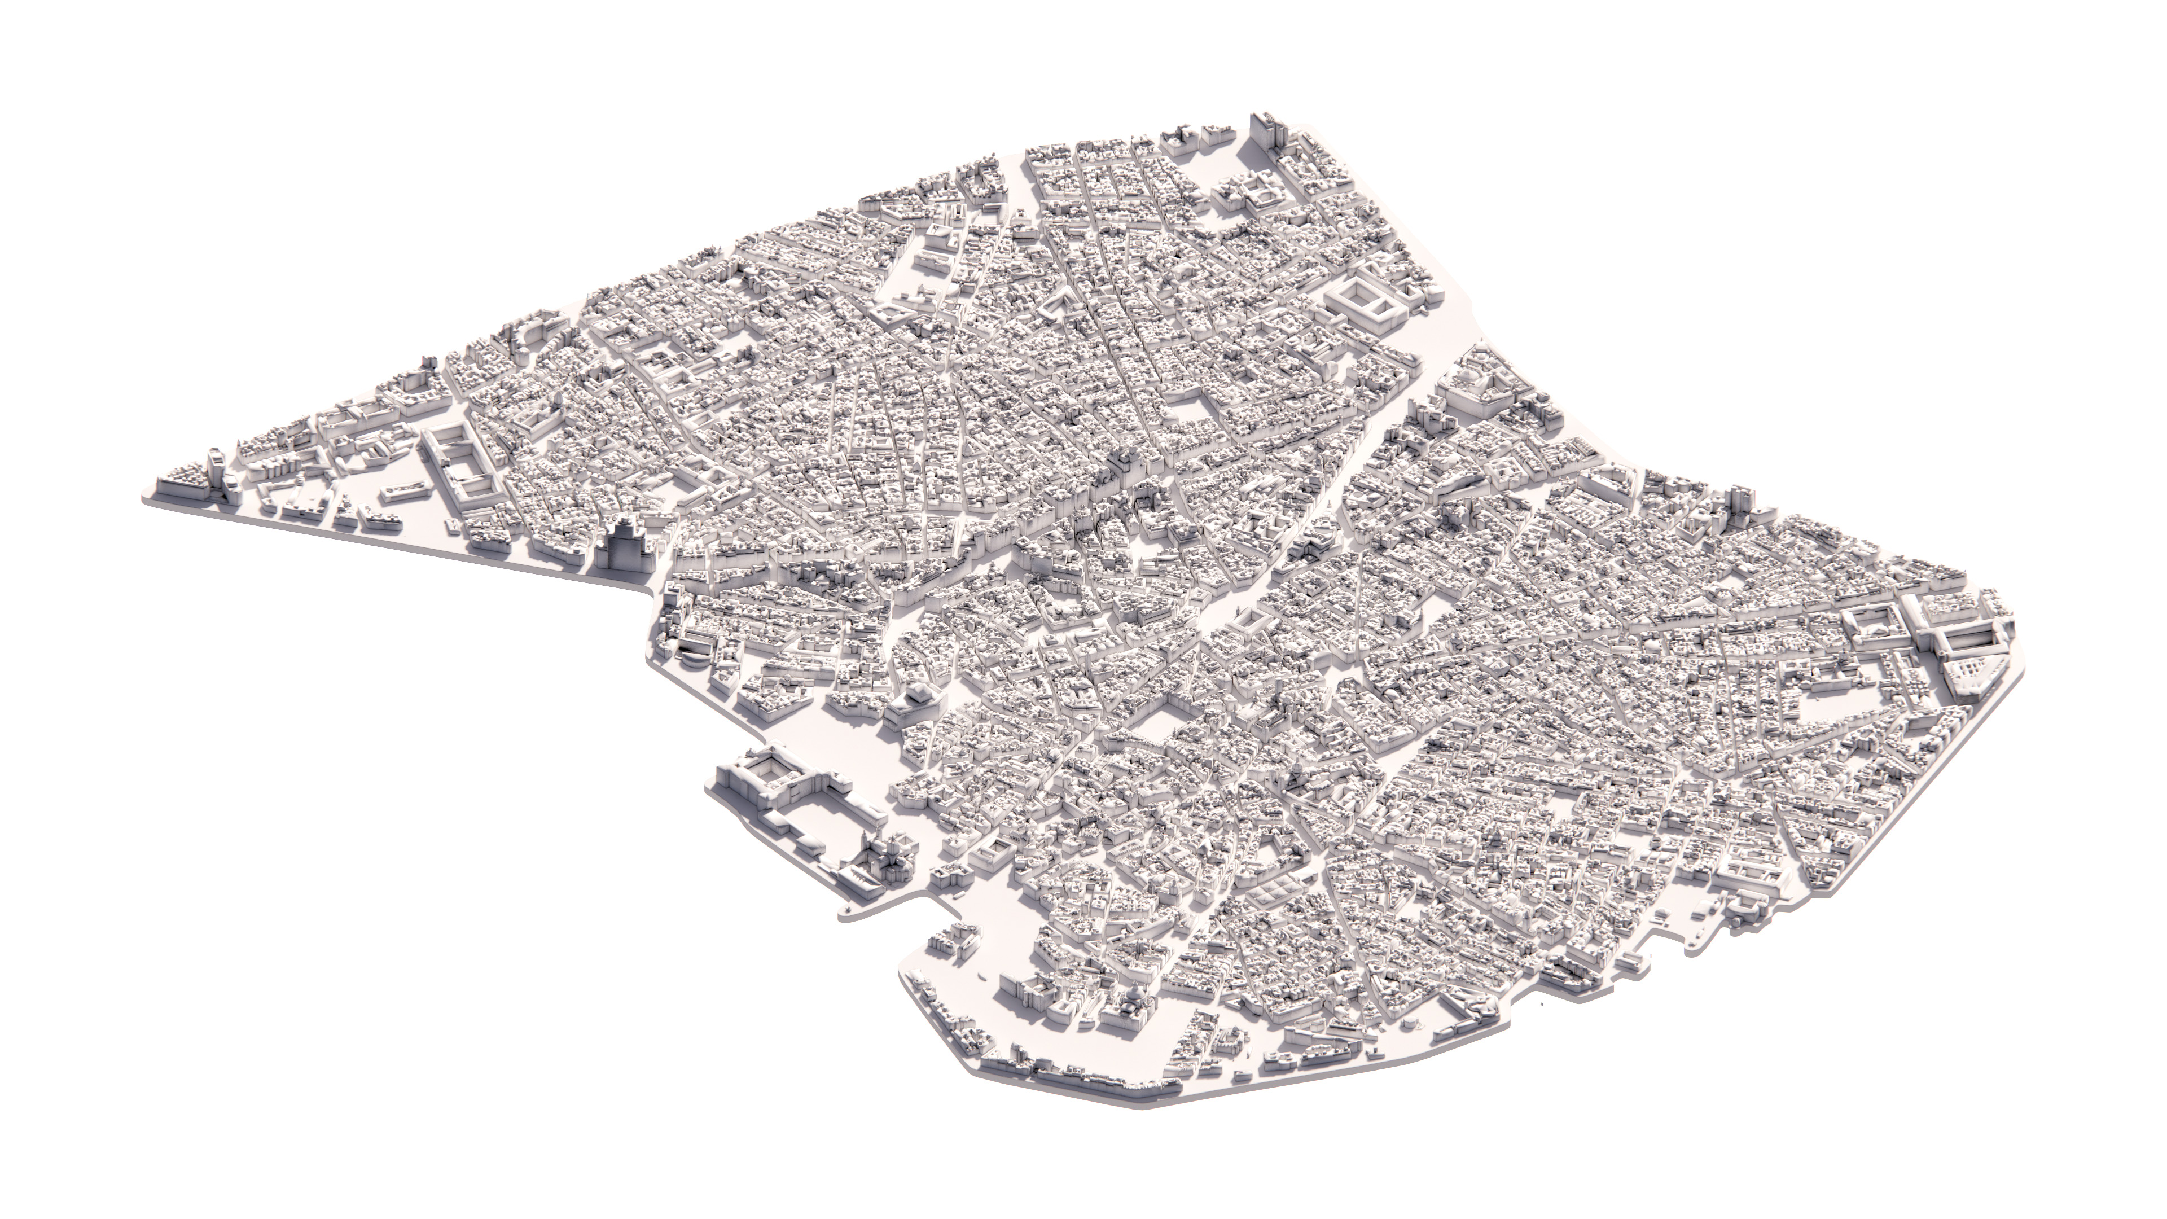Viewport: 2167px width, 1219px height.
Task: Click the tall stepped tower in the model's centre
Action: [1124, 467]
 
